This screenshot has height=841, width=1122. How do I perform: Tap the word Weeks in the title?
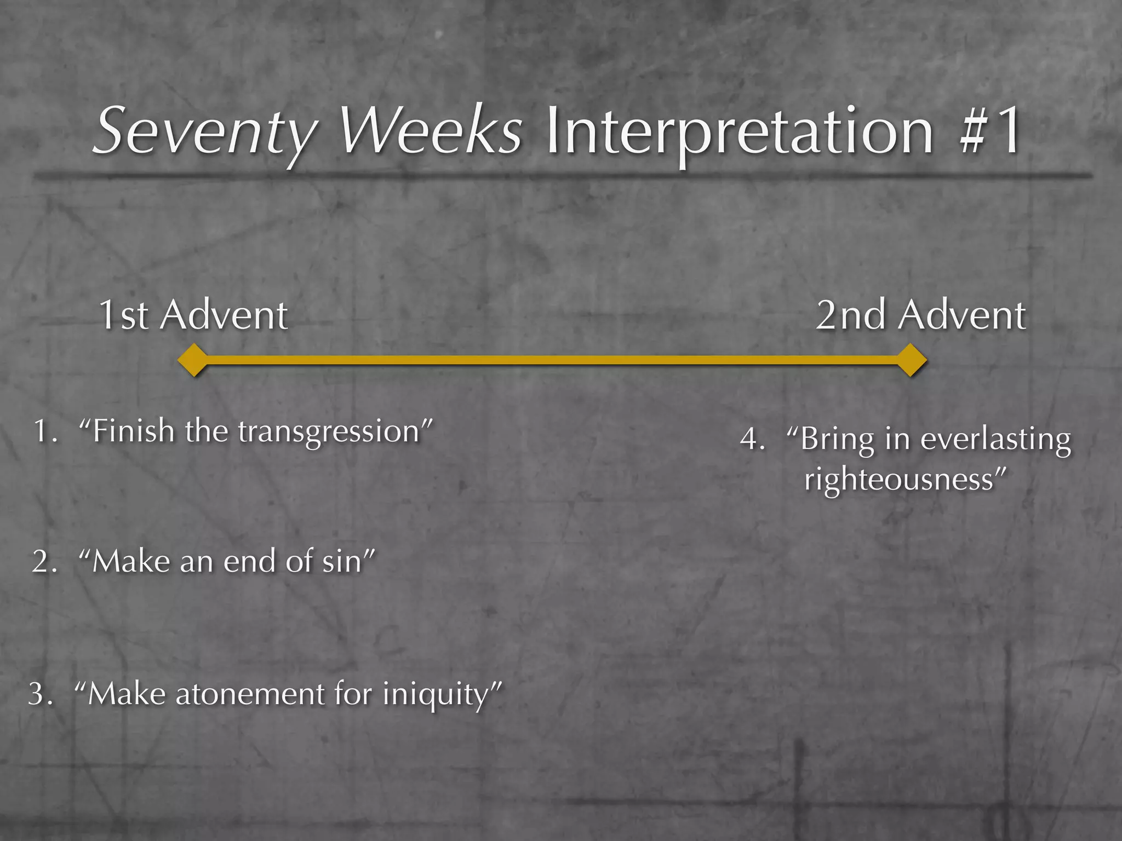(x=431, y=131)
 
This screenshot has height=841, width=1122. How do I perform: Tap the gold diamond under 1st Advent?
(x=193, y=360)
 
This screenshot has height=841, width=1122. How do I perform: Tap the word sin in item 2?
(x=342, y=562)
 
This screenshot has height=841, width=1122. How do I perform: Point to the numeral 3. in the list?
(x=41, y=694)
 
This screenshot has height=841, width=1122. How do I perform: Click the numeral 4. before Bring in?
(x=752, y=439)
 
